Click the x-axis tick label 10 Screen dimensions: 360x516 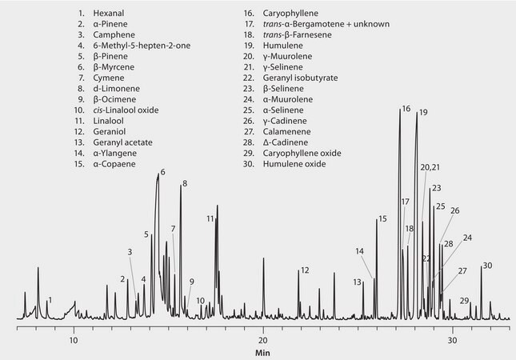(x=74, y=338)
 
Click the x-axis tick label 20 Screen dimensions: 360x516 (x=263, y=338)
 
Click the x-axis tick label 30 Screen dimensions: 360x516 (x=452, y=338)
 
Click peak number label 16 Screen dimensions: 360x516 (x=406, y=108)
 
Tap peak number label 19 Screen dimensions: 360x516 (x=422, y=113)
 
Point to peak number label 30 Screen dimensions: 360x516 (x=487, y=266)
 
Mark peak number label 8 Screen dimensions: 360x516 (x=184, y=185)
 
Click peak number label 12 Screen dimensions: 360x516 (x=304, y=270)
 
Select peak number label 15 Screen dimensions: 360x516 (x=382, y=218)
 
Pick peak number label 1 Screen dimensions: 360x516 (x=50, y=300)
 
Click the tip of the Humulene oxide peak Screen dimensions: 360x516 (x=481, y=267)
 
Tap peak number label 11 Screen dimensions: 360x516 (x=210, y=218)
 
